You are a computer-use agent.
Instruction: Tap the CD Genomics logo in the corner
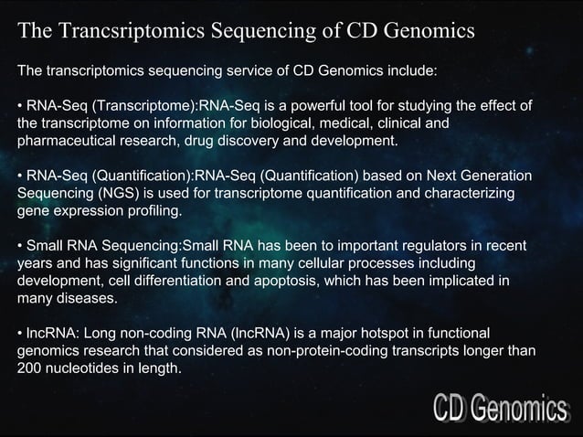(499, 408)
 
